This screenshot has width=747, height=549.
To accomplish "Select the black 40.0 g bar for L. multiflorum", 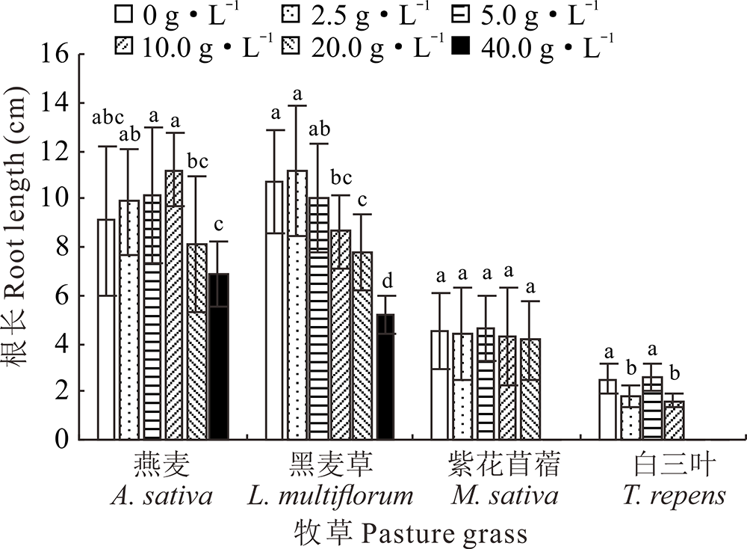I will pyautogui.click(x=385, y=377).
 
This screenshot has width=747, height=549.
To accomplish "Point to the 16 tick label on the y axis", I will pyautogui.click(x=60, y=55).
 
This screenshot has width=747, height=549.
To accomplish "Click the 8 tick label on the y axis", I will pyautogui.click(x=66, y=248).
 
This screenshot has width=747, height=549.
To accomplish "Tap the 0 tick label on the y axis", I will pyautogui.click(x=66, y=441).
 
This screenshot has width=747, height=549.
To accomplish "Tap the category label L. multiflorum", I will pyautogui.click(x=329, y=496).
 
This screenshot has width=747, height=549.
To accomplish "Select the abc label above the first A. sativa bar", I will pyautogui.click(x=107, y=118).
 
